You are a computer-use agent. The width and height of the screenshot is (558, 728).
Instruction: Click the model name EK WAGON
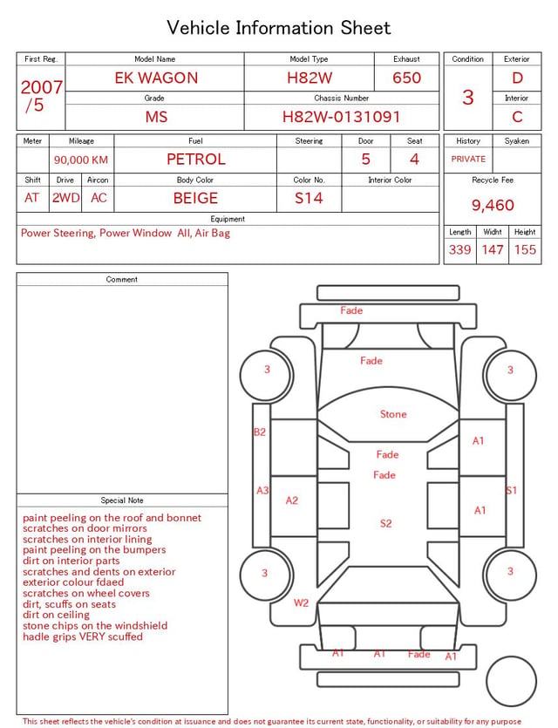tap(156, 78)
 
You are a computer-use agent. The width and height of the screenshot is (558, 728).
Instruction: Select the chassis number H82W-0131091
tap(341, 117)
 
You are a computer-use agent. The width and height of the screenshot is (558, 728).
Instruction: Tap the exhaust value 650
tap(406, 78)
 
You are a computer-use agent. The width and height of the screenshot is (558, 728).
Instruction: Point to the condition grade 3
tap(468, 98)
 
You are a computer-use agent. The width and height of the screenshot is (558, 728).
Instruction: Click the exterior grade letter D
tap(517, 78)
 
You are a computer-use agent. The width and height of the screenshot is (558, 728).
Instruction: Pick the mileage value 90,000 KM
tap(81, 160)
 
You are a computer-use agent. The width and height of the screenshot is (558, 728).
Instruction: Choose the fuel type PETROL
tap(196, 160)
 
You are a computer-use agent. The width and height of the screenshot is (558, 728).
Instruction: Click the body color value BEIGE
tap(195, 198)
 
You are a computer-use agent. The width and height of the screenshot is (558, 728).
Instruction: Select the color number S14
tap(309, 198)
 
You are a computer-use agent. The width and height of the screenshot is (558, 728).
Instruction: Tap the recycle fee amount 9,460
tap(493, 205)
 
